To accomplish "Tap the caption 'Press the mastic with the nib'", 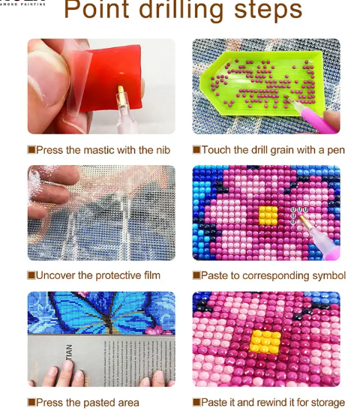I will click(x=103, y=150).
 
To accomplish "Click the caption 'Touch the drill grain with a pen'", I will click(x=272, y=150).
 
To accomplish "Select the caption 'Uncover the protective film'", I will click(x=97, y=276).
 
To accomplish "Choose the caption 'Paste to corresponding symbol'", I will click(x=272, y=276).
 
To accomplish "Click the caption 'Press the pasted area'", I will click(x=87, y=403).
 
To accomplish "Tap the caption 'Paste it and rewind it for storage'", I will click(x=272, y=403).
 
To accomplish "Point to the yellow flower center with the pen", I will click(x=268, y=215).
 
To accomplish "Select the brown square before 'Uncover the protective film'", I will click(x=31, y=276).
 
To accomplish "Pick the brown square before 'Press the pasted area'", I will click(x=31, y=403).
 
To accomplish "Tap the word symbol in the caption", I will click(x=327, y=276).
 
